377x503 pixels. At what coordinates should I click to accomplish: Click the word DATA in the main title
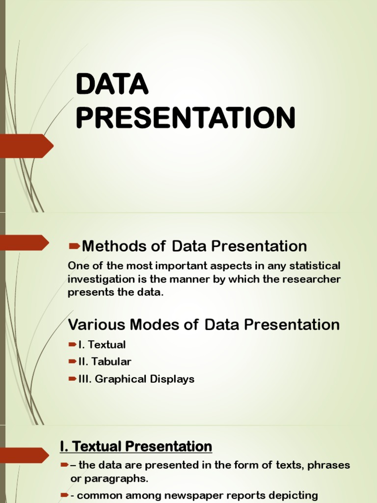point(112,84)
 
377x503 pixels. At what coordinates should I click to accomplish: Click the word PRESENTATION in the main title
point(185,117)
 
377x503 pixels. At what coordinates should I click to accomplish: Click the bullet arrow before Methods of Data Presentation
point(75,246)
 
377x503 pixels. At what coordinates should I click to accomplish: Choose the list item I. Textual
point(102,344)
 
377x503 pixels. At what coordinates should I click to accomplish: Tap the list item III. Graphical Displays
point(136,379)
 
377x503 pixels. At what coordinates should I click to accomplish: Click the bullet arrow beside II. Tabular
point(73,362)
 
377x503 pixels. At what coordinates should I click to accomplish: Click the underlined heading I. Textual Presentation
point(136,447)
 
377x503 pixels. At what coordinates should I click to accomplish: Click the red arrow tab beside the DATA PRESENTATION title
point(27,146)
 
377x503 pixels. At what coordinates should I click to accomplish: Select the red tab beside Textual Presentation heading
point(25,455)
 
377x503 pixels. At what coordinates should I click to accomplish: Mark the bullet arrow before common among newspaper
point(64,495)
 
